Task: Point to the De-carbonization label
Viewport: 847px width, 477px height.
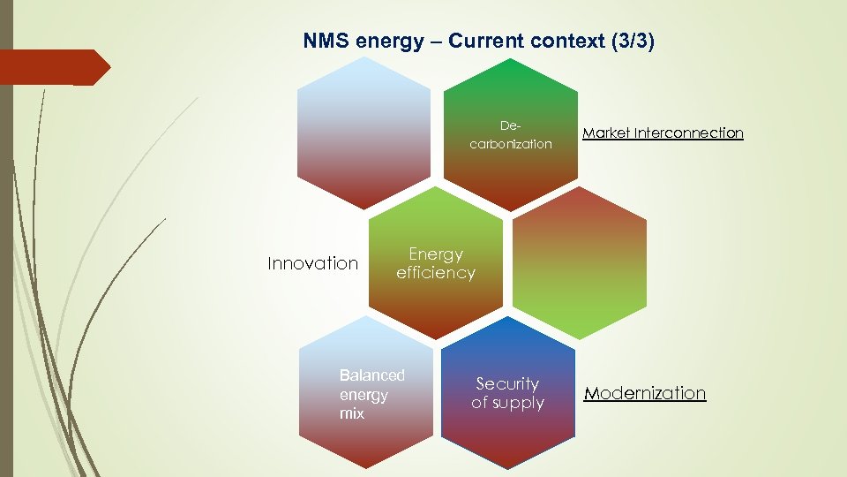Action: point(511,135)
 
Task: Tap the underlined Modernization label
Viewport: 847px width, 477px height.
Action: point(645,393)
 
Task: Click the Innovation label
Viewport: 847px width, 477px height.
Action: point(313,263)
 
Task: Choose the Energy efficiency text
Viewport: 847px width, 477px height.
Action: point(436,263)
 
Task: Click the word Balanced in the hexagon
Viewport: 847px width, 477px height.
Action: point(371,375)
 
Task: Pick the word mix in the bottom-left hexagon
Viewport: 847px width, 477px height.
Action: point(351,413)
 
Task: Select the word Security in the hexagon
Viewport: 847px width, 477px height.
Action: point(507,383)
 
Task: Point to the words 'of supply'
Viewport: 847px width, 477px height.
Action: point(507,404)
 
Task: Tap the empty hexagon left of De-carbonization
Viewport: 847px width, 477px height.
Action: point(364,132)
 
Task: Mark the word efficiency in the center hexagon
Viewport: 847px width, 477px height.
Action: point(436,273)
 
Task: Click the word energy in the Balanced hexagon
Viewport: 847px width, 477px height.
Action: point(364,395)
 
